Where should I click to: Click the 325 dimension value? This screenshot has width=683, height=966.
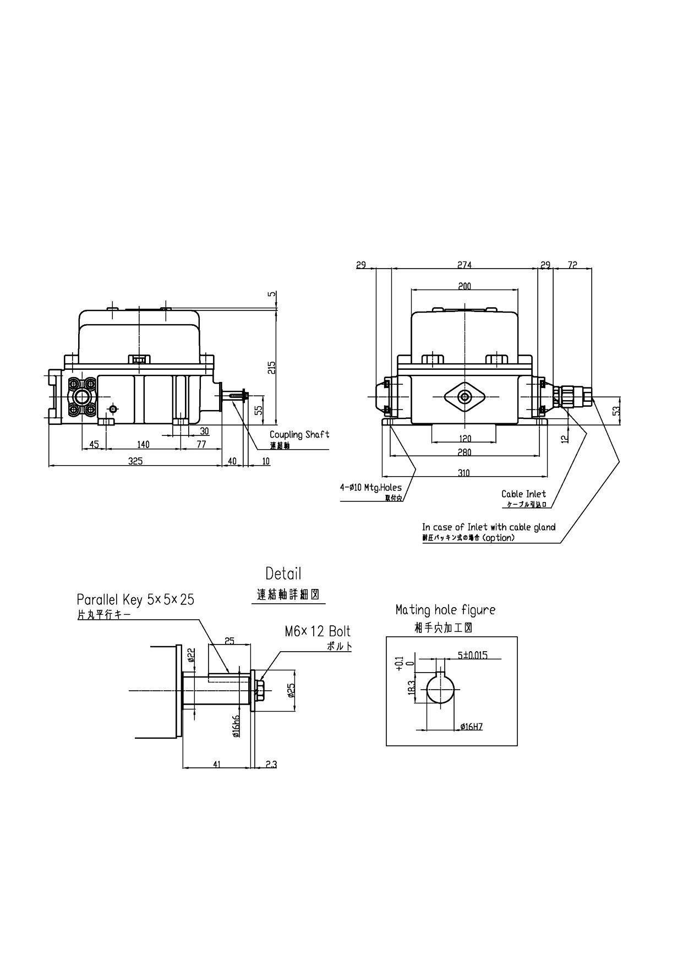point(135,461)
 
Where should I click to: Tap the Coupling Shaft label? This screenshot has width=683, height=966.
point(299,435)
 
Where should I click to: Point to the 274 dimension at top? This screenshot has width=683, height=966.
point(465,265)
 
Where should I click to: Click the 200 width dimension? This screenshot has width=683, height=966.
point(465,286)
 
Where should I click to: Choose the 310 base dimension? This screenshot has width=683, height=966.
point(464,473)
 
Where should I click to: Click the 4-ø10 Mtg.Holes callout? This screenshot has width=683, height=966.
point(371,487)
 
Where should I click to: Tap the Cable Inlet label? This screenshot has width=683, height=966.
point(523,494)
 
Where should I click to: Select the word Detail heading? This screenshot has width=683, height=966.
point(283,574)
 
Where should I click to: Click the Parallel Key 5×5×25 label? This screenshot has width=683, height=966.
point(135,599)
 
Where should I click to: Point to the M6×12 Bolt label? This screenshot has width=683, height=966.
point(318,631)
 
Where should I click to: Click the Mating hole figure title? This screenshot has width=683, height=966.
point(445,610)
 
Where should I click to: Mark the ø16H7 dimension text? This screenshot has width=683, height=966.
point(471,727)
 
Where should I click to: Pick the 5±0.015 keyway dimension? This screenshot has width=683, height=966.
point(472,656)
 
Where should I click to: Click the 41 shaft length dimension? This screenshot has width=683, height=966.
point(217,764)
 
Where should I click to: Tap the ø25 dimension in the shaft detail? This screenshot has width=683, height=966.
point(291,691)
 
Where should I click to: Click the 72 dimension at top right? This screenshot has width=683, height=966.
point(572,265)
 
